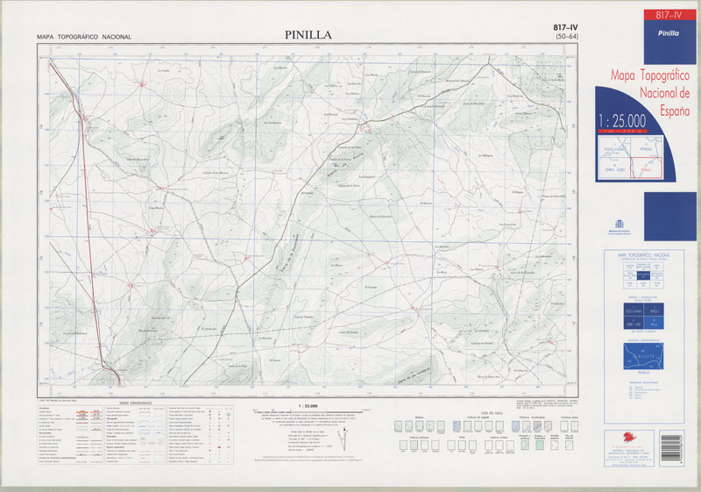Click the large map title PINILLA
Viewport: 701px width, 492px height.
pos(308,35)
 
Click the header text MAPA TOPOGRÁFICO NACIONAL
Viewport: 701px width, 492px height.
pos(83,37)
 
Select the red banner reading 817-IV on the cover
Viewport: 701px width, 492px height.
pos(650,14)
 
